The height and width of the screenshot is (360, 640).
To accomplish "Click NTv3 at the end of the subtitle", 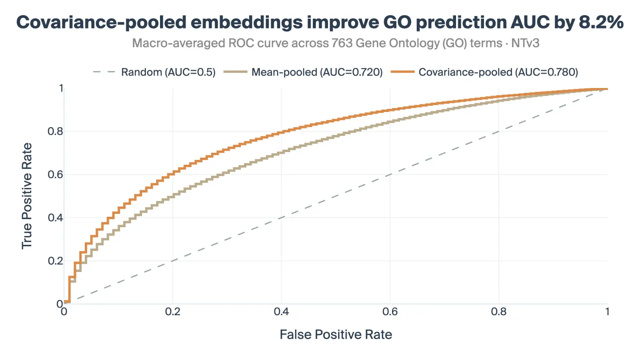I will pos(525,43).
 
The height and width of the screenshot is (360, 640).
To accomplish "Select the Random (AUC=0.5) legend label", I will pos(168,72).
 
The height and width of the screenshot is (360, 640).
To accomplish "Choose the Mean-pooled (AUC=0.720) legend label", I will pos(317,72).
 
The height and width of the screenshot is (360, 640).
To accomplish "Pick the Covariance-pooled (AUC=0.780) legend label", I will pos(498,72).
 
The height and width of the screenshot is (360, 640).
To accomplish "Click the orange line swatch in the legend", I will pos(402,72).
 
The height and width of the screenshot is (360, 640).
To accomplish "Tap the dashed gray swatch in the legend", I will pos(104,72).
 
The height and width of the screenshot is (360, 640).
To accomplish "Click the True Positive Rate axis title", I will pos(27,196).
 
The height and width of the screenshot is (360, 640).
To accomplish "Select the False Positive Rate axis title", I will pos(336,334).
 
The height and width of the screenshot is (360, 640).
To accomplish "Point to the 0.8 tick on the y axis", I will pos(55,131).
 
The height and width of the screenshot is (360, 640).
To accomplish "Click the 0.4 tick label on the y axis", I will pos(55,218).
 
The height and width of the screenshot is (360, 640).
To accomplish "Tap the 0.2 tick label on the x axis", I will pos(172,312).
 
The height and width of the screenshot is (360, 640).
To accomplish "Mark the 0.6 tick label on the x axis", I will pos(390,312).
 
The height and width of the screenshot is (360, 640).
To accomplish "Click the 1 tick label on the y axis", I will pos(61,88).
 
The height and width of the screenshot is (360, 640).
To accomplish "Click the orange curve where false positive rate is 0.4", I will pos(281,132).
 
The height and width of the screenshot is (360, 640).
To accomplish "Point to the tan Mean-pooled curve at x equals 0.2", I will pos(172,196).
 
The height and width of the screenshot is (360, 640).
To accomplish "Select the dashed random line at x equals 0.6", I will pos(390,174).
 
